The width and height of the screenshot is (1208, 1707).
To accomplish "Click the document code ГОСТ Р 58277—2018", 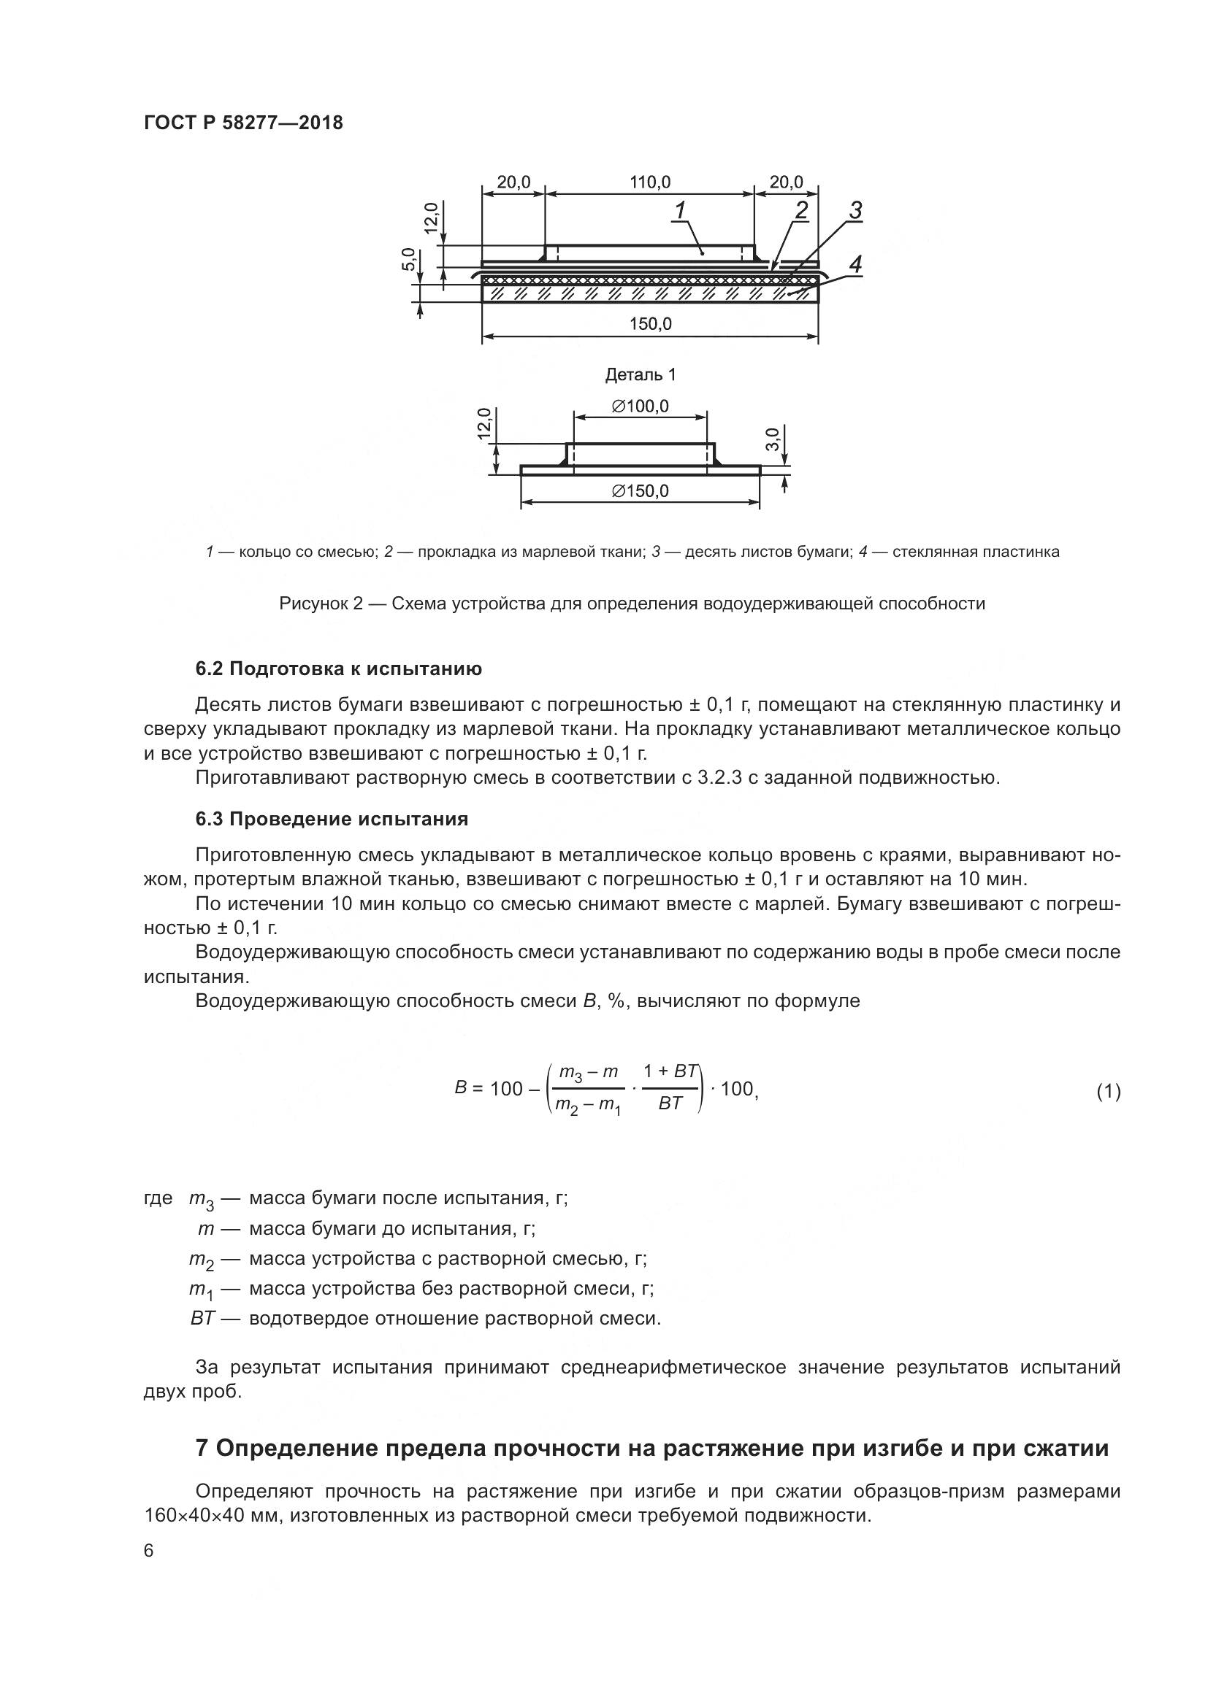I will (243, 123).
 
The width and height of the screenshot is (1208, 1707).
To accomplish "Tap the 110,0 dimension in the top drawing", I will (649, 182).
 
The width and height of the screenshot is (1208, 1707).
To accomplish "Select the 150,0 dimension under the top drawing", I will (650, 324).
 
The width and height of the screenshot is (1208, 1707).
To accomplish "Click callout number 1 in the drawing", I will (679, 211).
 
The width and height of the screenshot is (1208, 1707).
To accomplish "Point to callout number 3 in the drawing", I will (855, 210).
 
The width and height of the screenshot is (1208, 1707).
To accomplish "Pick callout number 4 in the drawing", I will (855, 264).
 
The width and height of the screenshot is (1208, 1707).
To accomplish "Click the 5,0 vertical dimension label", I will (408, 260).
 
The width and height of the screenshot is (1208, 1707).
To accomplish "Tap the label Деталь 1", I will (641, 374).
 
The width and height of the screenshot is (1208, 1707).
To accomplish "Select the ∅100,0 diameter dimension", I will (640, 406).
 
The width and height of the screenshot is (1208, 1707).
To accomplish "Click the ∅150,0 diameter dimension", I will (640, 491).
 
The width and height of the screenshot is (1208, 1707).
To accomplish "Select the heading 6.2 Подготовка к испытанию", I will (338, 669).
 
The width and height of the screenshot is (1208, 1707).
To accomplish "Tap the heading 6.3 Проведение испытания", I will (332, 820).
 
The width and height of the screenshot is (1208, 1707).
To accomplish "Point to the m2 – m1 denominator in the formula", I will (588, 1106).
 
